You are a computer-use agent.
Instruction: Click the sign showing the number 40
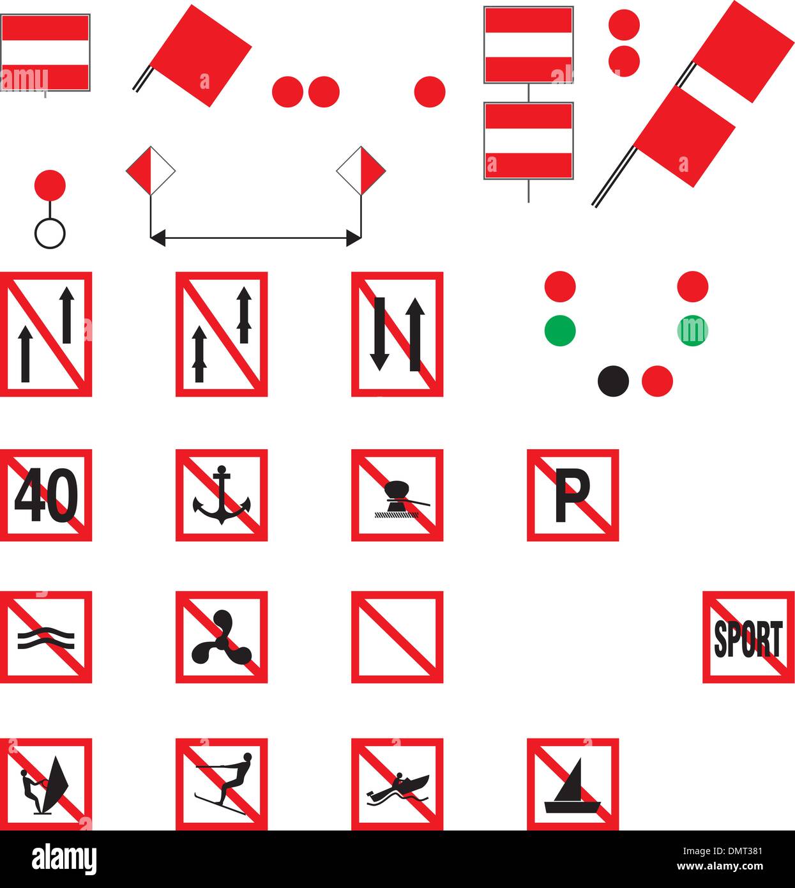(x=46, y=495)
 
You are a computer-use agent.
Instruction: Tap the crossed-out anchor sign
(x=221, y=495)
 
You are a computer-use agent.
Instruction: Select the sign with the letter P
(x=572, y=495)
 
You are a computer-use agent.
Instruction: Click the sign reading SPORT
(x=748, y=637)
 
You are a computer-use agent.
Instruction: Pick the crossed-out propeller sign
(x=221, y=637)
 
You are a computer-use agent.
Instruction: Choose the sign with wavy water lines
(x=46, y=637)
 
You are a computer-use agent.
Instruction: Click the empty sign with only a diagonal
(x=397, y=637)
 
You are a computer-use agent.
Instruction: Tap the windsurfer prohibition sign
(x=46, y=784)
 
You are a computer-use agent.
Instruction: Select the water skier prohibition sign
(x=221, y=784)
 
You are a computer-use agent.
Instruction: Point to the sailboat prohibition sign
(x=572, y=784)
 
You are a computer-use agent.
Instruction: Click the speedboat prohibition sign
(x=397, y=784)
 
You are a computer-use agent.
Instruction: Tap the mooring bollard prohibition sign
(x=397, y=495)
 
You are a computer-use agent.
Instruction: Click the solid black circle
(x=613, y=381)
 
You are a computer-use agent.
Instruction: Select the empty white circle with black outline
(x=50, y=233)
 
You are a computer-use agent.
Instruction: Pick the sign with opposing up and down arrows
(x=397, y=334)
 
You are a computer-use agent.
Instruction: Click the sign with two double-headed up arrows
(x=221, y=334)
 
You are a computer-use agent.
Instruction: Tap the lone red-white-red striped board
(x=45, y=52)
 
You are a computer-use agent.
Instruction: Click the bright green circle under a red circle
(x=560, y=331)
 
